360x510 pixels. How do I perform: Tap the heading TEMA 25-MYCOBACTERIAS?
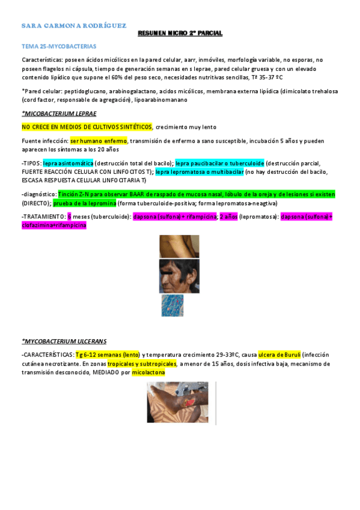click(58, 46)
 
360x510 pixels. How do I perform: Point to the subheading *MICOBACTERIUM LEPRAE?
click(59, 113)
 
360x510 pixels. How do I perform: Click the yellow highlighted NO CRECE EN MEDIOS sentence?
click(87, 127)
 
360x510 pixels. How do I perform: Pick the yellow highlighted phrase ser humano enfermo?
click(99, 141)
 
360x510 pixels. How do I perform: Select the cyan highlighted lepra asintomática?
click(68, 163)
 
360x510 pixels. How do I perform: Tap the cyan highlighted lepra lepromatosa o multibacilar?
click(199, 171)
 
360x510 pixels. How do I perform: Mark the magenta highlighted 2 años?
click(228, 217)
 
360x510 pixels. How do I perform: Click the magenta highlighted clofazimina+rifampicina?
click(53, 225)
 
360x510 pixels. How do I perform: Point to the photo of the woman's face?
click(178, 276)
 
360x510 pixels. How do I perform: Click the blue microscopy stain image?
click(172, 306)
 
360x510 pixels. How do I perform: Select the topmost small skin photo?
click(179, 247)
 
